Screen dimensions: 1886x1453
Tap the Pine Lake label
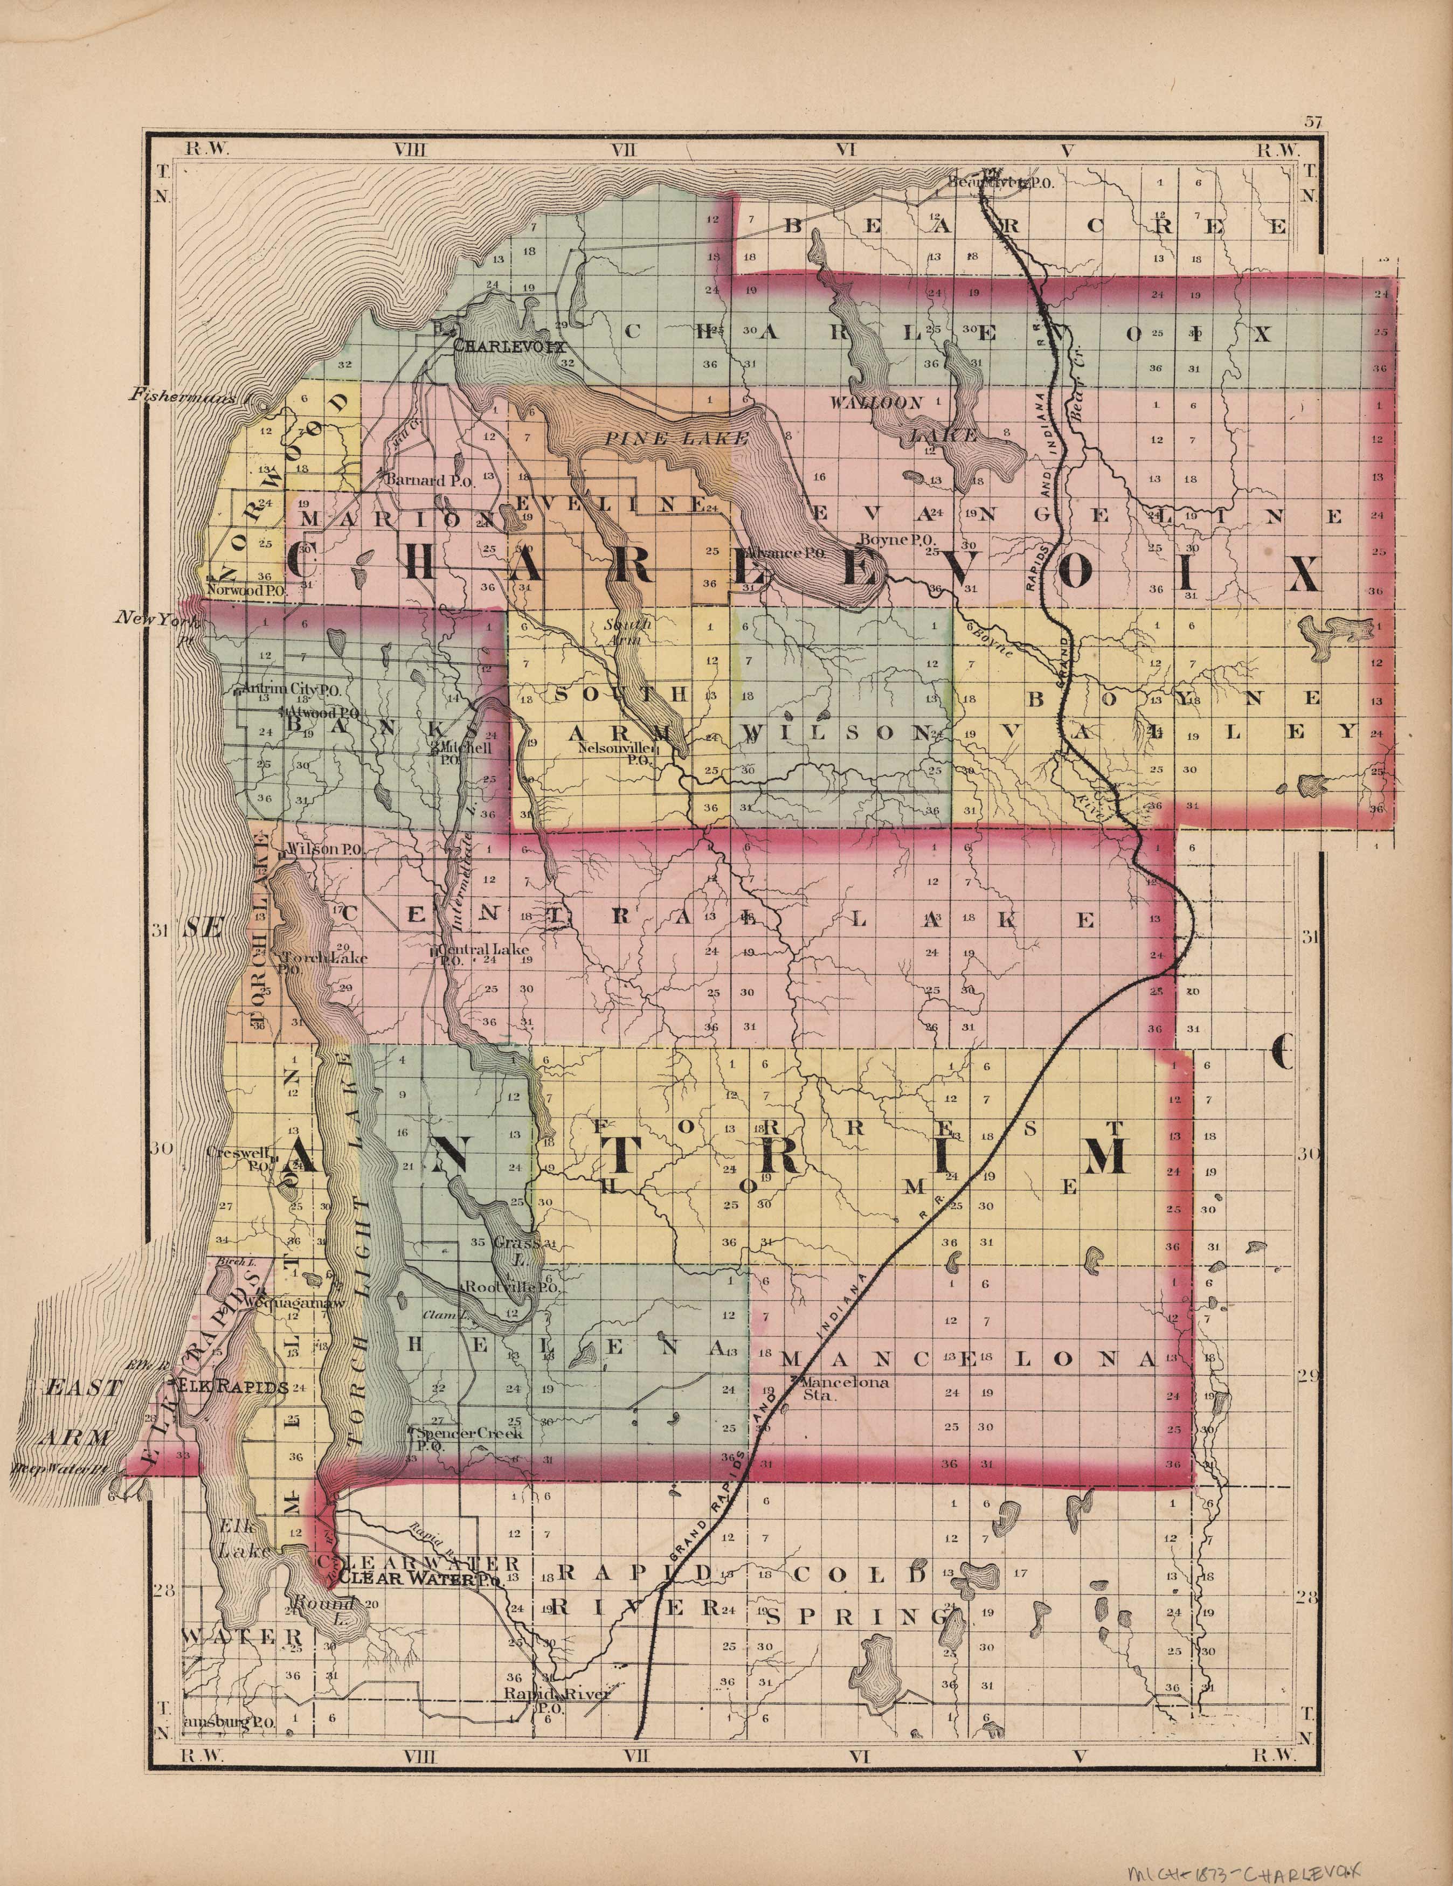tap(675, 439)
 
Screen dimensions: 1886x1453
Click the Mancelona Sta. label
tap(838, 1387)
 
